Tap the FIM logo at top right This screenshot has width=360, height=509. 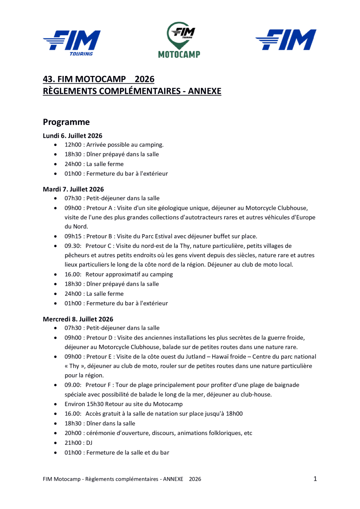coord(286,40)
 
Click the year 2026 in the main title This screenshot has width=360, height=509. coord(145,79)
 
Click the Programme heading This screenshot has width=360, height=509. coord(66,122)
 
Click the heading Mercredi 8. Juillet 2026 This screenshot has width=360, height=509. coord(78,319)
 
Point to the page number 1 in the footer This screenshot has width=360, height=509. coord(315,478)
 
